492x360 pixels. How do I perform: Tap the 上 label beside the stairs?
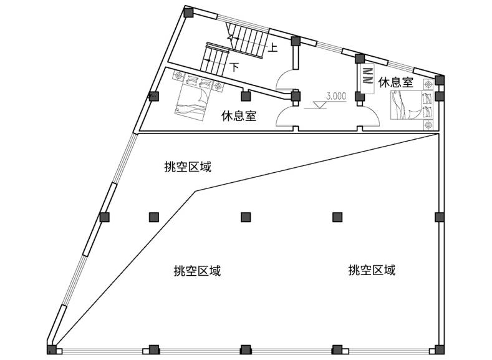(x=273, y=47)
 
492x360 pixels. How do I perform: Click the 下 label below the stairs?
(x=234, y=65)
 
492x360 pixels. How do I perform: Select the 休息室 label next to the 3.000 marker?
(x=240, y=116)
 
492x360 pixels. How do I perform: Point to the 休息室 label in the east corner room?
(x=396, y=82)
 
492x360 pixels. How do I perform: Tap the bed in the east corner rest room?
(x=410, y=104)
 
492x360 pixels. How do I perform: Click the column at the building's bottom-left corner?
(x=52, y=349)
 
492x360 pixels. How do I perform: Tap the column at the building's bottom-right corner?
(x=439, y=349)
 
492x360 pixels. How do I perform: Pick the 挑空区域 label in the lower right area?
(x=372, y=271)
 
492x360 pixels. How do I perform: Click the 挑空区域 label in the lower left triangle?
(x=197, y=271)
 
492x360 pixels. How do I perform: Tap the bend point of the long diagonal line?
(x=196, y=192)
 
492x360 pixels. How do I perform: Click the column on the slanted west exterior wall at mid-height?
(x=105, y=216)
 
